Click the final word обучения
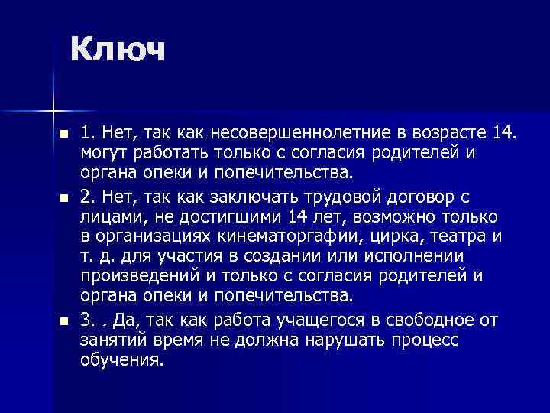[x=121, y=358]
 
